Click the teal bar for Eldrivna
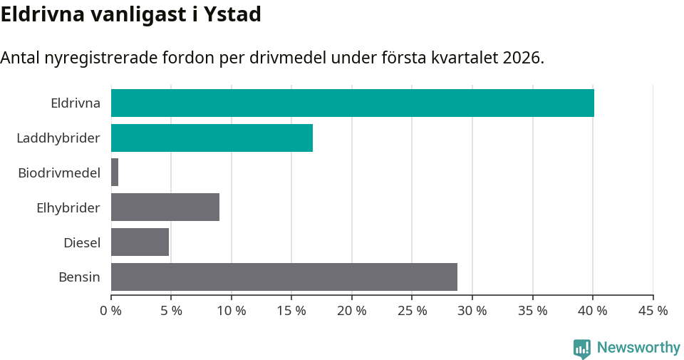352,103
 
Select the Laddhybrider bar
212,138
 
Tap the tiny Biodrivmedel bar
115,173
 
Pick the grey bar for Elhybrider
165,207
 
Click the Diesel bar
140,242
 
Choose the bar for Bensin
284,277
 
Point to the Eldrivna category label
76,103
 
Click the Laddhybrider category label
58,138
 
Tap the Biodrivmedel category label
59,173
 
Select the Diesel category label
82,242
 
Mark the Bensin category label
79,277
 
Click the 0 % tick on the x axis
111,311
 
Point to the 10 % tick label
232,311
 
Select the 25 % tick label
412,311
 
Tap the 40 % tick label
593,311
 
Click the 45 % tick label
653,311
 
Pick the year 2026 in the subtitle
522,58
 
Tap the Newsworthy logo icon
582,348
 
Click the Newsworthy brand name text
638,348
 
